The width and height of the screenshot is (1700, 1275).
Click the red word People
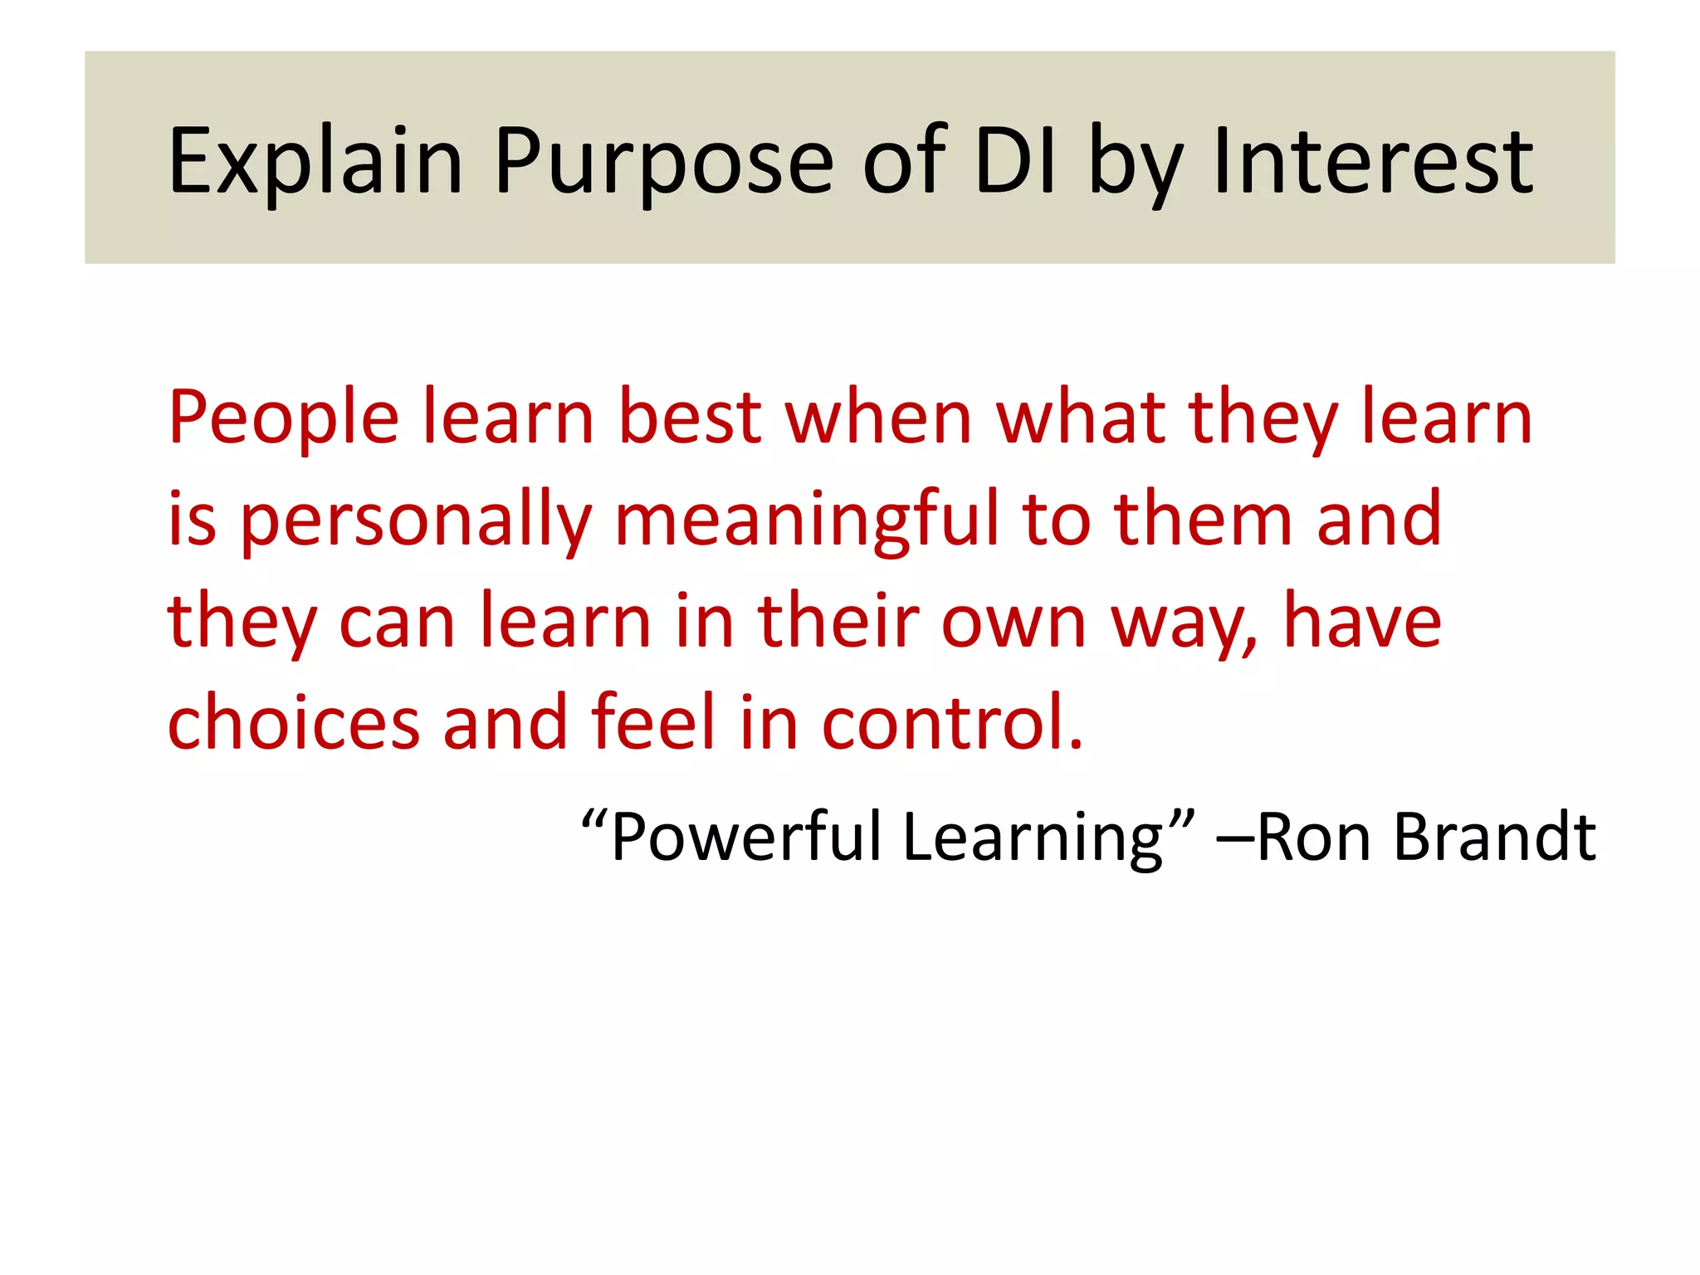pos(283,419)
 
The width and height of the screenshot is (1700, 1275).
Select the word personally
pos(416,521)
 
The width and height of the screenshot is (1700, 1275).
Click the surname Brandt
pos(1494,837)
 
